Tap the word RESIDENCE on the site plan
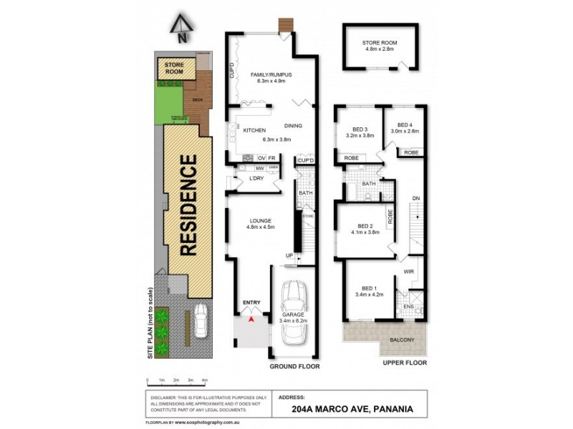(188, 206)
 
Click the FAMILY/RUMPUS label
(271, 74)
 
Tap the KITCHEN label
(254, 130)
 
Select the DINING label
(293, 126)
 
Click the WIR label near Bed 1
(409, 272)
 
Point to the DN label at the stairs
(415, 198)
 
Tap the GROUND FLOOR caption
(294, 366)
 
